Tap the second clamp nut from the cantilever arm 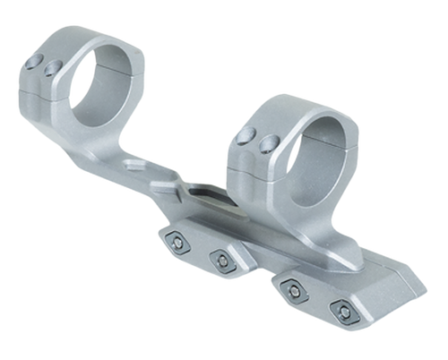coord(220,260)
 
